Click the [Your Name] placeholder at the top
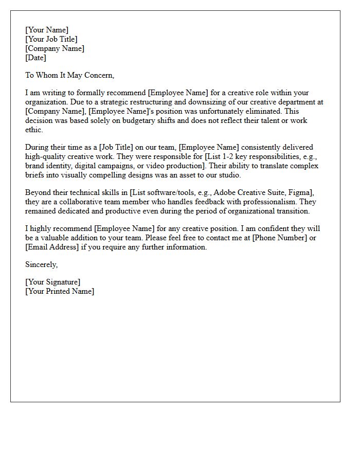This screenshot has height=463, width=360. (x=47, y=30)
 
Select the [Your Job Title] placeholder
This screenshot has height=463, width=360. (x=51, y=39)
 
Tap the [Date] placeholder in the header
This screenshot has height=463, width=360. (x=36, y=58)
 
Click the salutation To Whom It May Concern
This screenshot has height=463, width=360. (x=69, y=75)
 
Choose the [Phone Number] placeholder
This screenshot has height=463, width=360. (x=278, y=238)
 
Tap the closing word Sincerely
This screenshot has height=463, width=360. (x=41, y=264)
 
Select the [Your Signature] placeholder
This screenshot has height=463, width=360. (x=52, y=282)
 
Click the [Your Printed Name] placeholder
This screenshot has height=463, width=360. (x=60, y=291)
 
